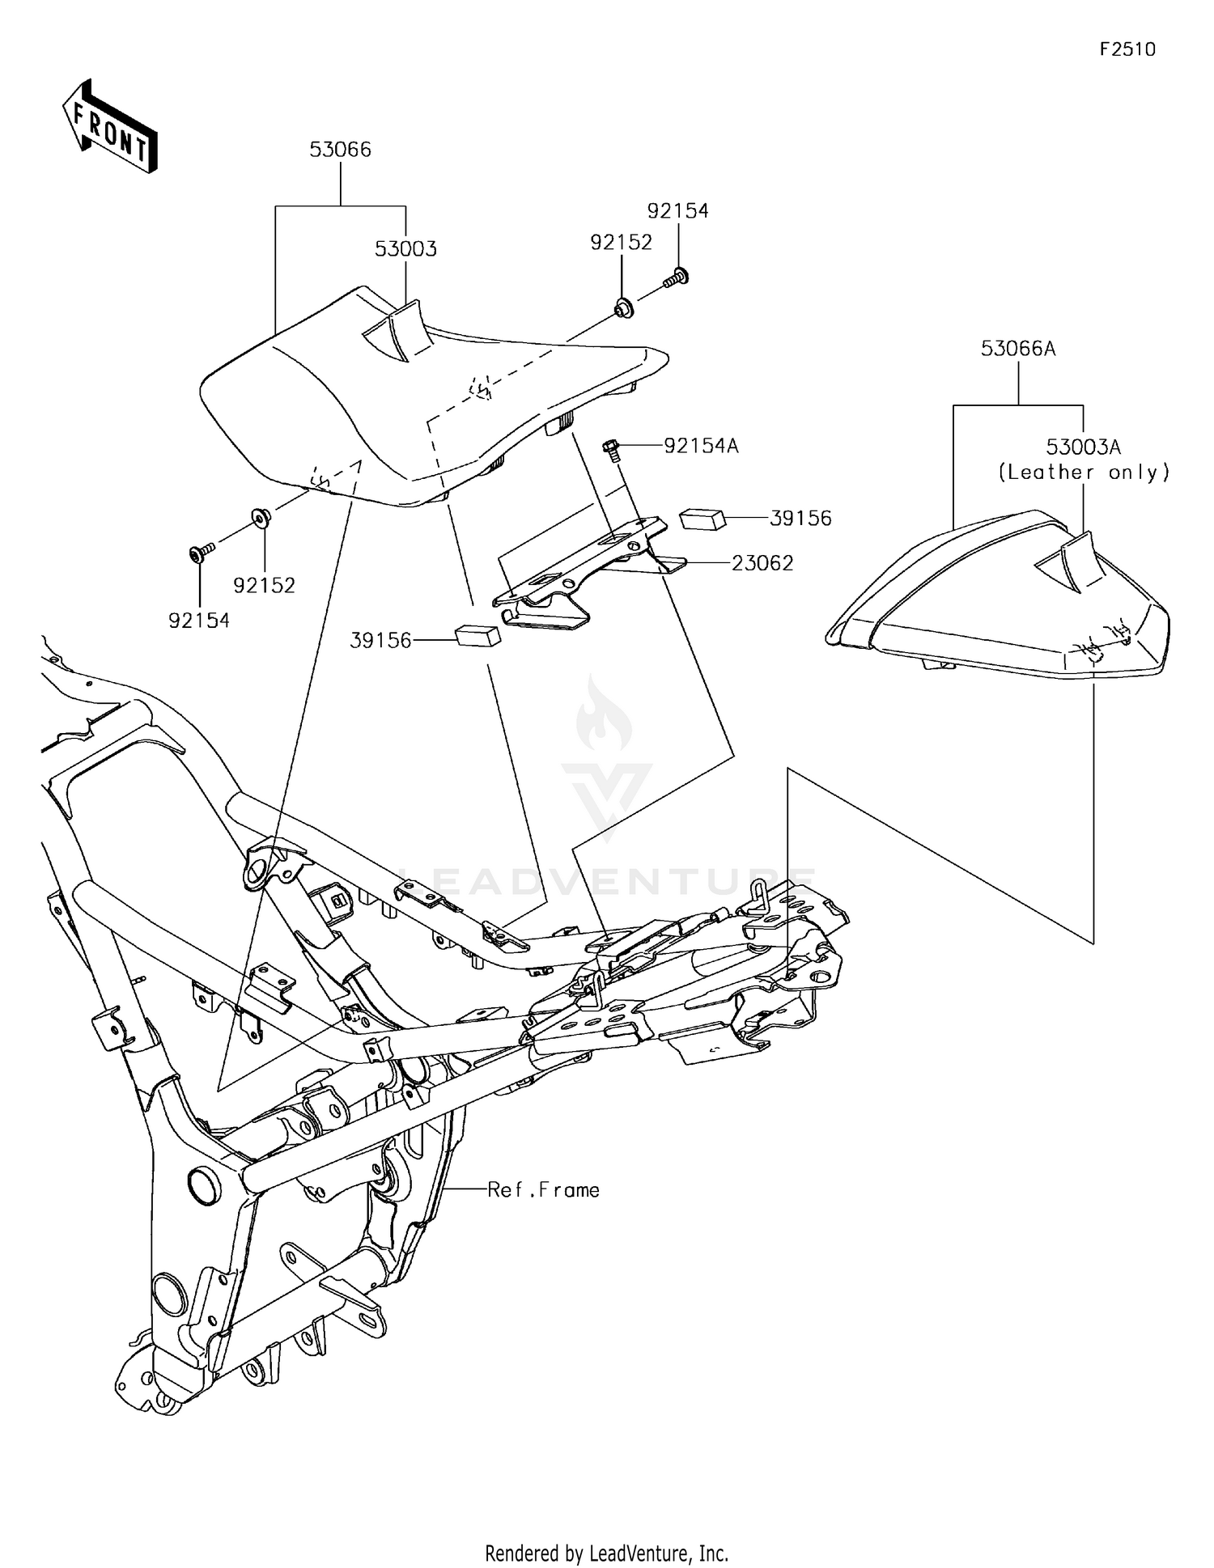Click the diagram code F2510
pos(1127,49)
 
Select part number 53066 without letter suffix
pos(340,150)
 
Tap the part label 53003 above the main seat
pos(405,249)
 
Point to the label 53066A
pos(1017,349)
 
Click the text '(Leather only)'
pos(1083,473)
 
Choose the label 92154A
pos(701,446)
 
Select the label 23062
pos(762,563)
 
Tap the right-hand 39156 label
pos(800,519)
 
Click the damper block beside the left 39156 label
pos(478,635)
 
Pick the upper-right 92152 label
pos(621,243)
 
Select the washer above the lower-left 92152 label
pos(261,516)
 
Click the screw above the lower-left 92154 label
pos(200,553)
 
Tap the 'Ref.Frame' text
pos(543,1190)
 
